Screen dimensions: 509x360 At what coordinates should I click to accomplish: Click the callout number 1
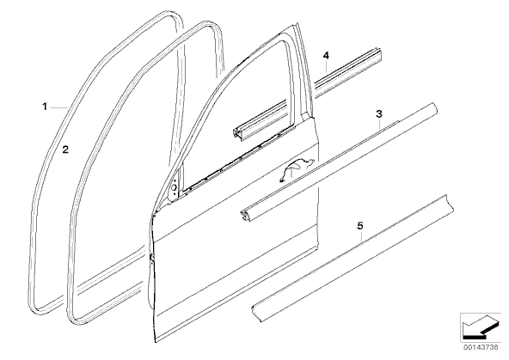coord(45,107)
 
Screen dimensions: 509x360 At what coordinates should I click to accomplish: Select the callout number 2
coord(65,149)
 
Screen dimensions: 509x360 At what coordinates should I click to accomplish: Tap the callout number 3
coord(379,113)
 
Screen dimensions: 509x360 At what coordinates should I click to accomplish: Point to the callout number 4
coord(326,56)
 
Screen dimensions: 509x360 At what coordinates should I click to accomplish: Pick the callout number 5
coord(360,225)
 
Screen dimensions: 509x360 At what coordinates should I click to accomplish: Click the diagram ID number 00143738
coord(481,347)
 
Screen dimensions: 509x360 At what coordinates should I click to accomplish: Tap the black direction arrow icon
coord(480,328)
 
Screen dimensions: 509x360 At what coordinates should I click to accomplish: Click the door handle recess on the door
coord(297,168)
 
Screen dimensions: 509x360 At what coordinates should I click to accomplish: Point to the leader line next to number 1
coord(58,107)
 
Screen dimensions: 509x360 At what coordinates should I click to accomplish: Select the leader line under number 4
coord(326,68)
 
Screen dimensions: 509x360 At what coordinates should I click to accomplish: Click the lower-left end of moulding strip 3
coord(244,217)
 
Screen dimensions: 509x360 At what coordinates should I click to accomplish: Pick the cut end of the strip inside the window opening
coord(237,134)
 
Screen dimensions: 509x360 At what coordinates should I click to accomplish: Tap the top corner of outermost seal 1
coord(172,14)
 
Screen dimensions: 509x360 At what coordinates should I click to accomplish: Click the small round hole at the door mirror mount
coord(175,187)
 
